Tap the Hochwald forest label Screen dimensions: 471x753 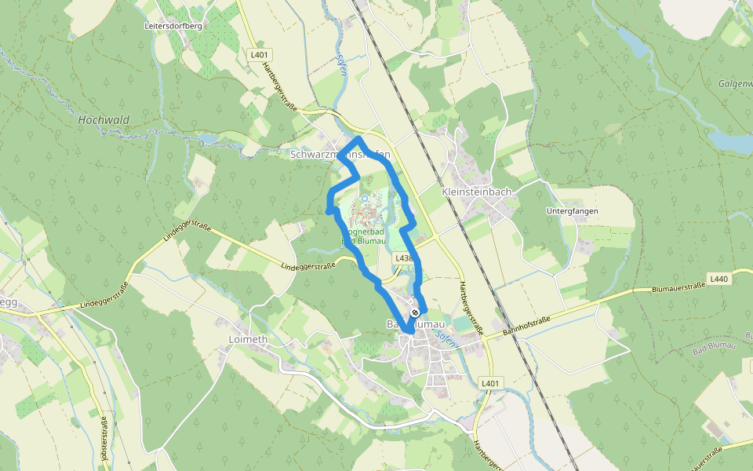click(x=104, y=120)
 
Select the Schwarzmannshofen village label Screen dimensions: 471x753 click(x=340, y=155)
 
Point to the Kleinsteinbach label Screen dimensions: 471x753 click(x=477, y=192)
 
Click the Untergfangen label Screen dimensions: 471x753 click(x=572, y=211)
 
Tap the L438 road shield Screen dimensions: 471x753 click(x=404, y=257)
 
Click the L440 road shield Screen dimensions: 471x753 click(x=718, y=279)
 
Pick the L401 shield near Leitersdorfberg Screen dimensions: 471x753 click(x=258, y=54)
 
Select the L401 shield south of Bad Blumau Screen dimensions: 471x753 click(x=490, y=383)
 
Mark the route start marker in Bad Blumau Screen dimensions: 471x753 click(x=415, y=312)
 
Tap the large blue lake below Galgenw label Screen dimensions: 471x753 click(x=729, y=141)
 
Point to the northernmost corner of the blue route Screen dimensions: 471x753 click(x=359, y=139)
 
